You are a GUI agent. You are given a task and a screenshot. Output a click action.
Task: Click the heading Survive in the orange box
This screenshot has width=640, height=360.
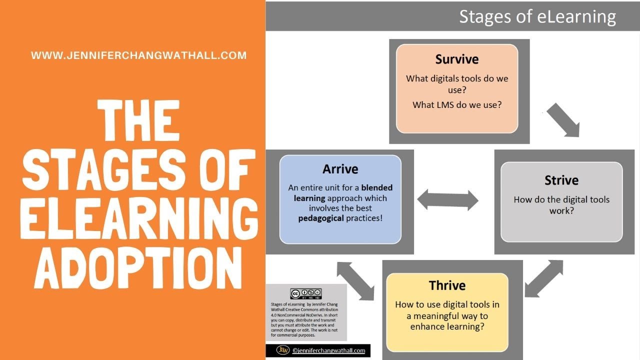tap(456, 59)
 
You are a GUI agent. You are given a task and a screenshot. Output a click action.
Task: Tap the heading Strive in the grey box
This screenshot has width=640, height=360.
tap(561, 180)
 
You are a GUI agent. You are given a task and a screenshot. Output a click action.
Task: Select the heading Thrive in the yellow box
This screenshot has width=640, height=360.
tap(447, 285)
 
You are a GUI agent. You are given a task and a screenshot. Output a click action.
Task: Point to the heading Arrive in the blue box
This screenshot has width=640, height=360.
tap(340, 169)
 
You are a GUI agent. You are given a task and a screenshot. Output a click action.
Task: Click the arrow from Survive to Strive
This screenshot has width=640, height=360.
tap(562, 120)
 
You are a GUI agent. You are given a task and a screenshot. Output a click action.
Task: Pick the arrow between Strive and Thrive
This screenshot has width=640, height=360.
tap(543, 278)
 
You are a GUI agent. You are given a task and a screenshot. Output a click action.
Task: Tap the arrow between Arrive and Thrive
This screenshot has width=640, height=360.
tap(355, 281)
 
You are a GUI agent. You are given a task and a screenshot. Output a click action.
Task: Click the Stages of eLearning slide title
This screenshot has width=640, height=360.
tap(537, 16)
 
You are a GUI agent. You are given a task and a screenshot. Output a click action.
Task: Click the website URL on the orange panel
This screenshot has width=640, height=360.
tap(138, 55)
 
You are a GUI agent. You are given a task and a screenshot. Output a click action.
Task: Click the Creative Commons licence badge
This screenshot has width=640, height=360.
tap(305, 294)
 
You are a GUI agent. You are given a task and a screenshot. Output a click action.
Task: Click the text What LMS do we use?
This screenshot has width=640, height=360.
tap(456, 105)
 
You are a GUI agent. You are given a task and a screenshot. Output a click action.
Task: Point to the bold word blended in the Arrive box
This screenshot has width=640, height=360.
tap(377, 188)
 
